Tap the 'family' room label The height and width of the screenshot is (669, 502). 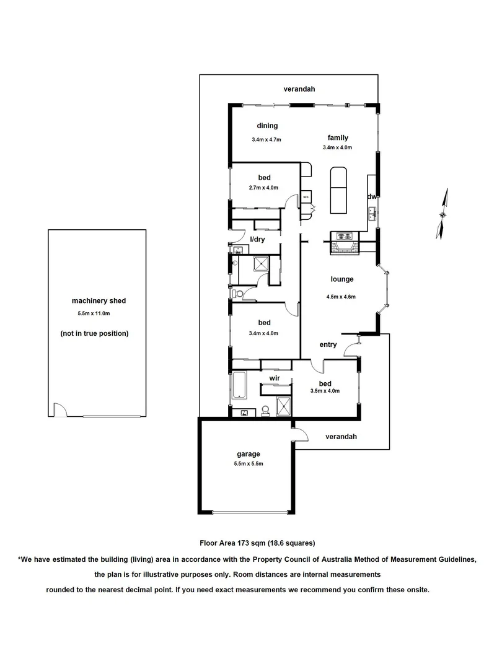coord(338,138)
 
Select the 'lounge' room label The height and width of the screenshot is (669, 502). coord(341,279)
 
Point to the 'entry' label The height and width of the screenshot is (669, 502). coord(328,344)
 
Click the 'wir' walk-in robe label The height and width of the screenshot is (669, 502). coord(275,377)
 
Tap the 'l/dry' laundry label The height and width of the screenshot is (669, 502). coord(258,239)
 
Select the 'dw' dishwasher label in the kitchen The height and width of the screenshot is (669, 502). coord(372,196)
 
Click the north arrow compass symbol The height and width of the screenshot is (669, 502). coord(443,214)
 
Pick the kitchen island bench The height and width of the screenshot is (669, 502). coord(338,188)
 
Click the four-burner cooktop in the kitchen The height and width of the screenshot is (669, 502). coord(343,235)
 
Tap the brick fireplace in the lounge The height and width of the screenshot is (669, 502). coord(343,248)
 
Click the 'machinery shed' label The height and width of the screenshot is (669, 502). coord(99,300)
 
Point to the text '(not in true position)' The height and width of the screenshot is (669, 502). coord(94,333)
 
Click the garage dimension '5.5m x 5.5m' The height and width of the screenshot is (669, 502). coord(248,464)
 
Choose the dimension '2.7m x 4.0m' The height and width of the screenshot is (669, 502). coord(265,188)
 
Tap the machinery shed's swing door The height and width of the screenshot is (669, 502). coord(60,410)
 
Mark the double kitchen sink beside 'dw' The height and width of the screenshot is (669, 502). coord(372,214)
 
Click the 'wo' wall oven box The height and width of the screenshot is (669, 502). coord(306,198)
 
